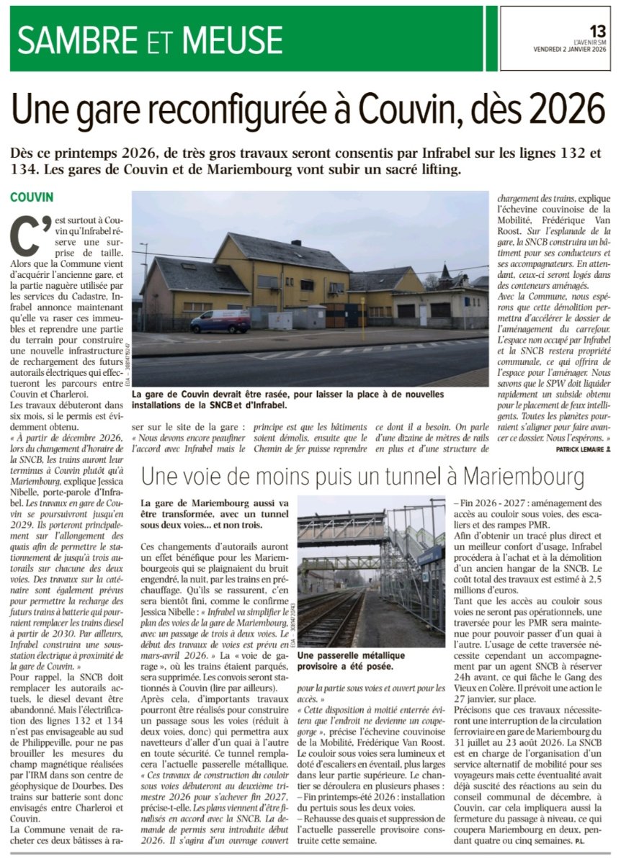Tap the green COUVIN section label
[x=32, y=197]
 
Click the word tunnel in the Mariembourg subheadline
[x=430, y=476]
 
